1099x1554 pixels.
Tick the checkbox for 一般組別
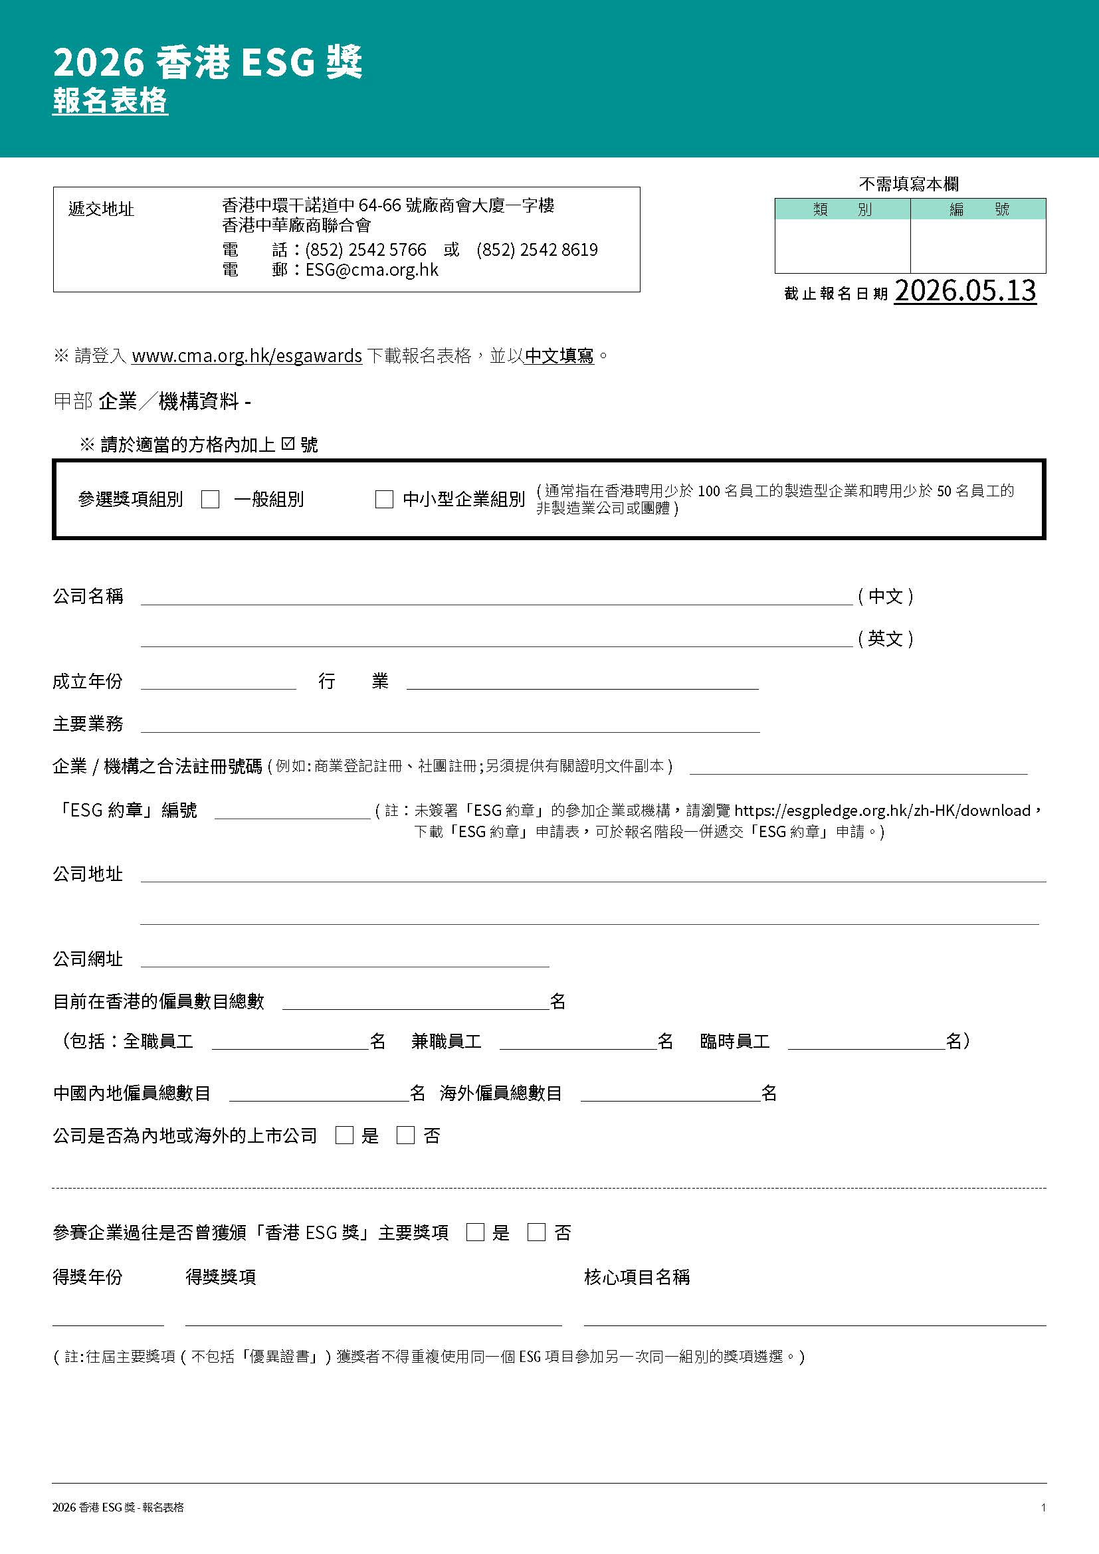[x=211, y=500]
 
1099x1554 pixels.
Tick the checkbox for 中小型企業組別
[x=383, y=500]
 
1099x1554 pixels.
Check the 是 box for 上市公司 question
[x=344, y=1135]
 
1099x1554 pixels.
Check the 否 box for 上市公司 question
[x=405, y=1135]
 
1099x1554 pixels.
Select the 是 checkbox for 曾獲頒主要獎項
[x=476, y=1232]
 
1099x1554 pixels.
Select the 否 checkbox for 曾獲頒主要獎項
[x=537, y=1232]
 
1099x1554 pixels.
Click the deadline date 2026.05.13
[x=965, y=291]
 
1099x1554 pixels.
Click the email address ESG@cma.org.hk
[x=371, y=270]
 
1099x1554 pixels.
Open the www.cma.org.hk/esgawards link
[x=247, y=355]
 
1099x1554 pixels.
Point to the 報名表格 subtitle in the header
[x=110, y=102]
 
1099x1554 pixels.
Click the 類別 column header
[x=843, y=209]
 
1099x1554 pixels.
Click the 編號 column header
[x=979, y=209]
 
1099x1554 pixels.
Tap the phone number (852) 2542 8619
[x=538, y=250]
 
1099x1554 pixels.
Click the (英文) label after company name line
[x=886, y=638]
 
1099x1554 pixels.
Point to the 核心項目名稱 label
[x=637, y=1277]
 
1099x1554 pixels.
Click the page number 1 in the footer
[x=1043, y=1507]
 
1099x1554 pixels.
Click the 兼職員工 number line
[x=578, y=1042]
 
